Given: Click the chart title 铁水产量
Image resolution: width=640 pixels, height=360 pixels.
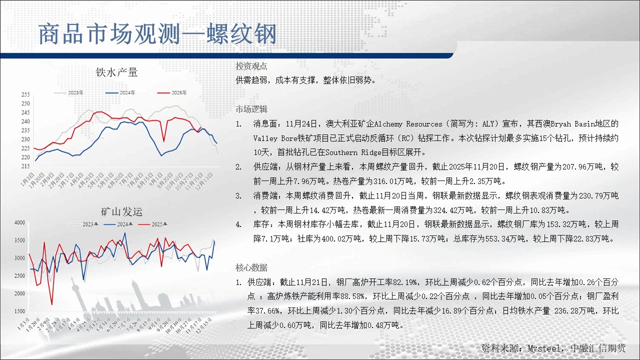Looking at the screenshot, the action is pos(116,72).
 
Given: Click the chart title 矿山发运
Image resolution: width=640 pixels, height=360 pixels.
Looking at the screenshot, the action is pos(121,211).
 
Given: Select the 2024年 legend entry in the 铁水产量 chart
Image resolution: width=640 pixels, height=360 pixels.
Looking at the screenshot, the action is pos(120,92).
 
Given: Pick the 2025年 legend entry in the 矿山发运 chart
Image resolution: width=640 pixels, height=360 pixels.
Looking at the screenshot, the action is pos(152,224).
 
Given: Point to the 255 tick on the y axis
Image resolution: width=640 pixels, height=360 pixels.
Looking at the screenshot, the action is pos(25,94).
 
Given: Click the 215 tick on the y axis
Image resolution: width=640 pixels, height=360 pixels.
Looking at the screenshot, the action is pos(25,166).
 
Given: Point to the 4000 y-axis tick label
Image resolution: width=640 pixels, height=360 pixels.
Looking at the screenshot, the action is pos(19,222).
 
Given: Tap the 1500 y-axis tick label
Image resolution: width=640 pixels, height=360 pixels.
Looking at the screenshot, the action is pos(19,311).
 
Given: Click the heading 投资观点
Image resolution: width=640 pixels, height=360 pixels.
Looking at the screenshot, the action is pos(251,66).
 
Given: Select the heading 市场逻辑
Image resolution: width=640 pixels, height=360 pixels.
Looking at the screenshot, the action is pos(251,109).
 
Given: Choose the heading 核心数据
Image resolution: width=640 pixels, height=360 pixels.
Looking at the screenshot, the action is pos(251,267).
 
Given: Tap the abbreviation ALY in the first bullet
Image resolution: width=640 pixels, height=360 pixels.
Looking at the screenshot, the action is pos(488,124).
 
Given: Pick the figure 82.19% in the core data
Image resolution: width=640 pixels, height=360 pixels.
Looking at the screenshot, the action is pos(405,282).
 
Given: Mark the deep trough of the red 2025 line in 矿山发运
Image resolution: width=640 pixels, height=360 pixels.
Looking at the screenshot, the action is pos(51,304).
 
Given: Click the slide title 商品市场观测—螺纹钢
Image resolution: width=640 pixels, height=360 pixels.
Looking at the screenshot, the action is pos(157,34).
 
